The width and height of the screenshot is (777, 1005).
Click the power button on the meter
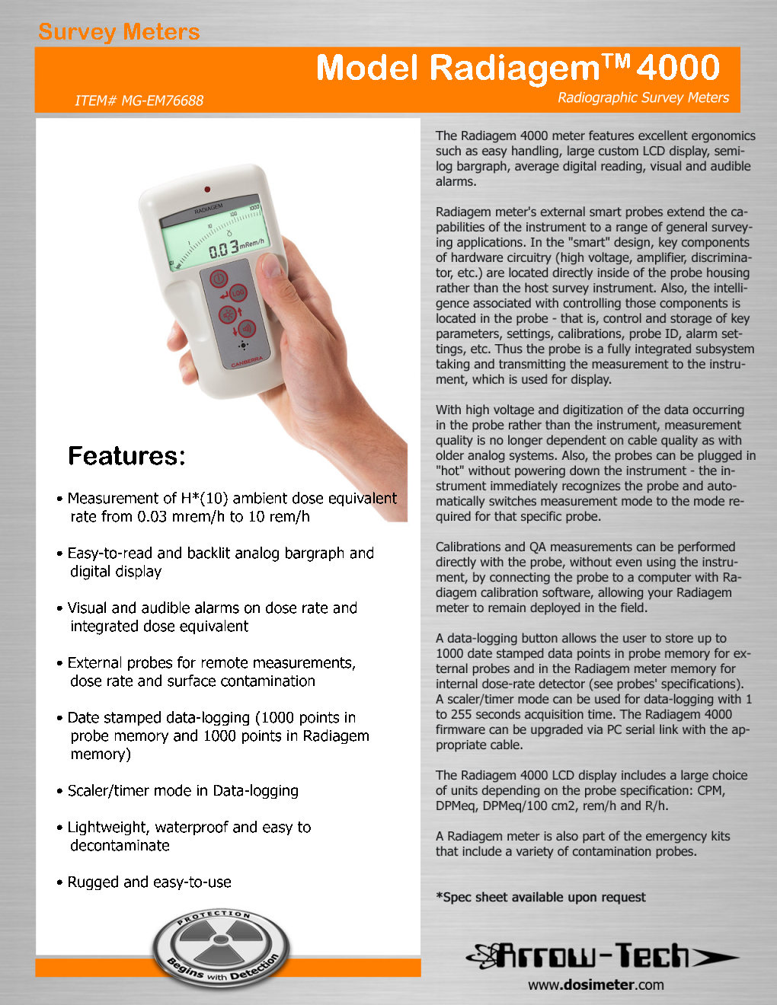point(218,278)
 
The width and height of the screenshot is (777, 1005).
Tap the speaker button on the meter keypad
point(246,329)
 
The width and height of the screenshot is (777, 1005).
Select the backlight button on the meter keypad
point(227,314)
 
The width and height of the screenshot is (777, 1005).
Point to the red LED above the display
point(206,188)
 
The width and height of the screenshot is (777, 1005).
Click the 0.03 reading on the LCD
point(223,249)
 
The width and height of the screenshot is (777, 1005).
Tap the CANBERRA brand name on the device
point(247,362)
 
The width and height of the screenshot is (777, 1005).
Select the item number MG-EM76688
point(139,100)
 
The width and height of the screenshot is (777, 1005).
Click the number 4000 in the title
point(678,68)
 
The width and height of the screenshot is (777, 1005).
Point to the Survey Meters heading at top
point(119,32)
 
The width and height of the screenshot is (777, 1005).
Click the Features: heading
point(126,455)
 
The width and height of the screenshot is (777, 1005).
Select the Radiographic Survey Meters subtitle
point(643,97)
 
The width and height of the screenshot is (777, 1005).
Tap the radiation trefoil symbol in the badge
point(220,944)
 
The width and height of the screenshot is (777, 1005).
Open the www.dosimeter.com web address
point(596,984)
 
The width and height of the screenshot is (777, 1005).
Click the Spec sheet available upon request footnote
point(540,897)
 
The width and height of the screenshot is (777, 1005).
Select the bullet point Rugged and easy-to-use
point(149,882)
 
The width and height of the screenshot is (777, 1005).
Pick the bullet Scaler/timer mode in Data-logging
point(183,790)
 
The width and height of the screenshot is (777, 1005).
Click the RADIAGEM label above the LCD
point(208,208)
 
